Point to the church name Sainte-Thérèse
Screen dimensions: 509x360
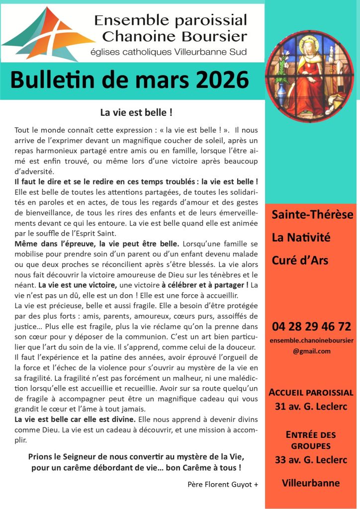pyautogui.click(x=312, y=215)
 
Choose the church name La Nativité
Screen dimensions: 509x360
pyautogui.click(x=301, y=238)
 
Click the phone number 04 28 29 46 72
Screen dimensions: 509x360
pyautogui.click(x=311, y=327)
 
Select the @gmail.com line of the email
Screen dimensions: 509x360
pyautogui.click(x=311, y=351)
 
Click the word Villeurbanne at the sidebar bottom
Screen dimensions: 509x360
pyautogui.click(x=311, y=483)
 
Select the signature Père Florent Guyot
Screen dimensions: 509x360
pyautogui.click(x=223, y=484)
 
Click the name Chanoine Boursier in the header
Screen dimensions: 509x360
pyautogui.click(x=171, y=36)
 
